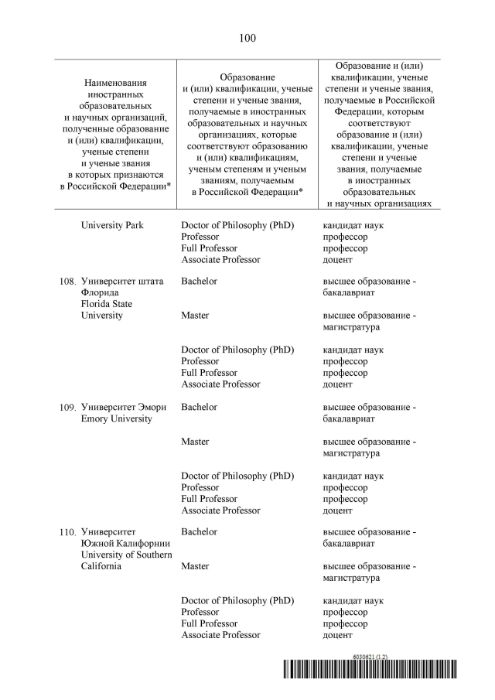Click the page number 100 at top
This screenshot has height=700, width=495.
point(247,38)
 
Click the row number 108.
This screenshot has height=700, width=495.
point(67,282)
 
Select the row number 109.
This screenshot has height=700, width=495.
point(67,407)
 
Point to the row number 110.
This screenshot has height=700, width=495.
point(67,532)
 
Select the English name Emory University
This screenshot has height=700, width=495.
point(116,418)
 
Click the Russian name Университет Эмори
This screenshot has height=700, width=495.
point(123,407)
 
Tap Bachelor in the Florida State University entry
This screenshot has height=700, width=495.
point(199,281)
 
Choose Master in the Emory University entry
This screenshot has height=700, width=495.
point(196,441)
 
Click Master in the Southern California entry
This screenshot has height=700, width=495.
point(196,566)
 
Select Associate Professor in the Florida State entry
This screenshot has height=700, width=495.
point(220,384)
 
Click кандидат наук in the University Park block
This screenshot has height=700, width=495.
point(353,225)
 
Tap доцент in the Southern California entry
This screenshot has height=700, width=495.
point(337,635)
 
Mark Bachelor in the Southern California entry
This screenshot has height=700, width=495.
point(199,531)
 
